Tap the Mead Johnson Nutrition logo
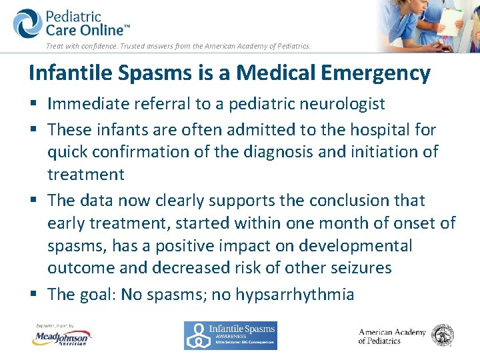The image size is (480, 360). coord(61,337)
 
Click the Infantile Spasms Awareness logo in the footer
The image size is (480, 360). coord(230,335)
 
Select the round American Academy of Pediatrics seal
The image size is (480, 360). coord(443,335)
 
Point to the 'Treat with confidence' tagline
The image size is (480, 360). coord(178,46)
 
